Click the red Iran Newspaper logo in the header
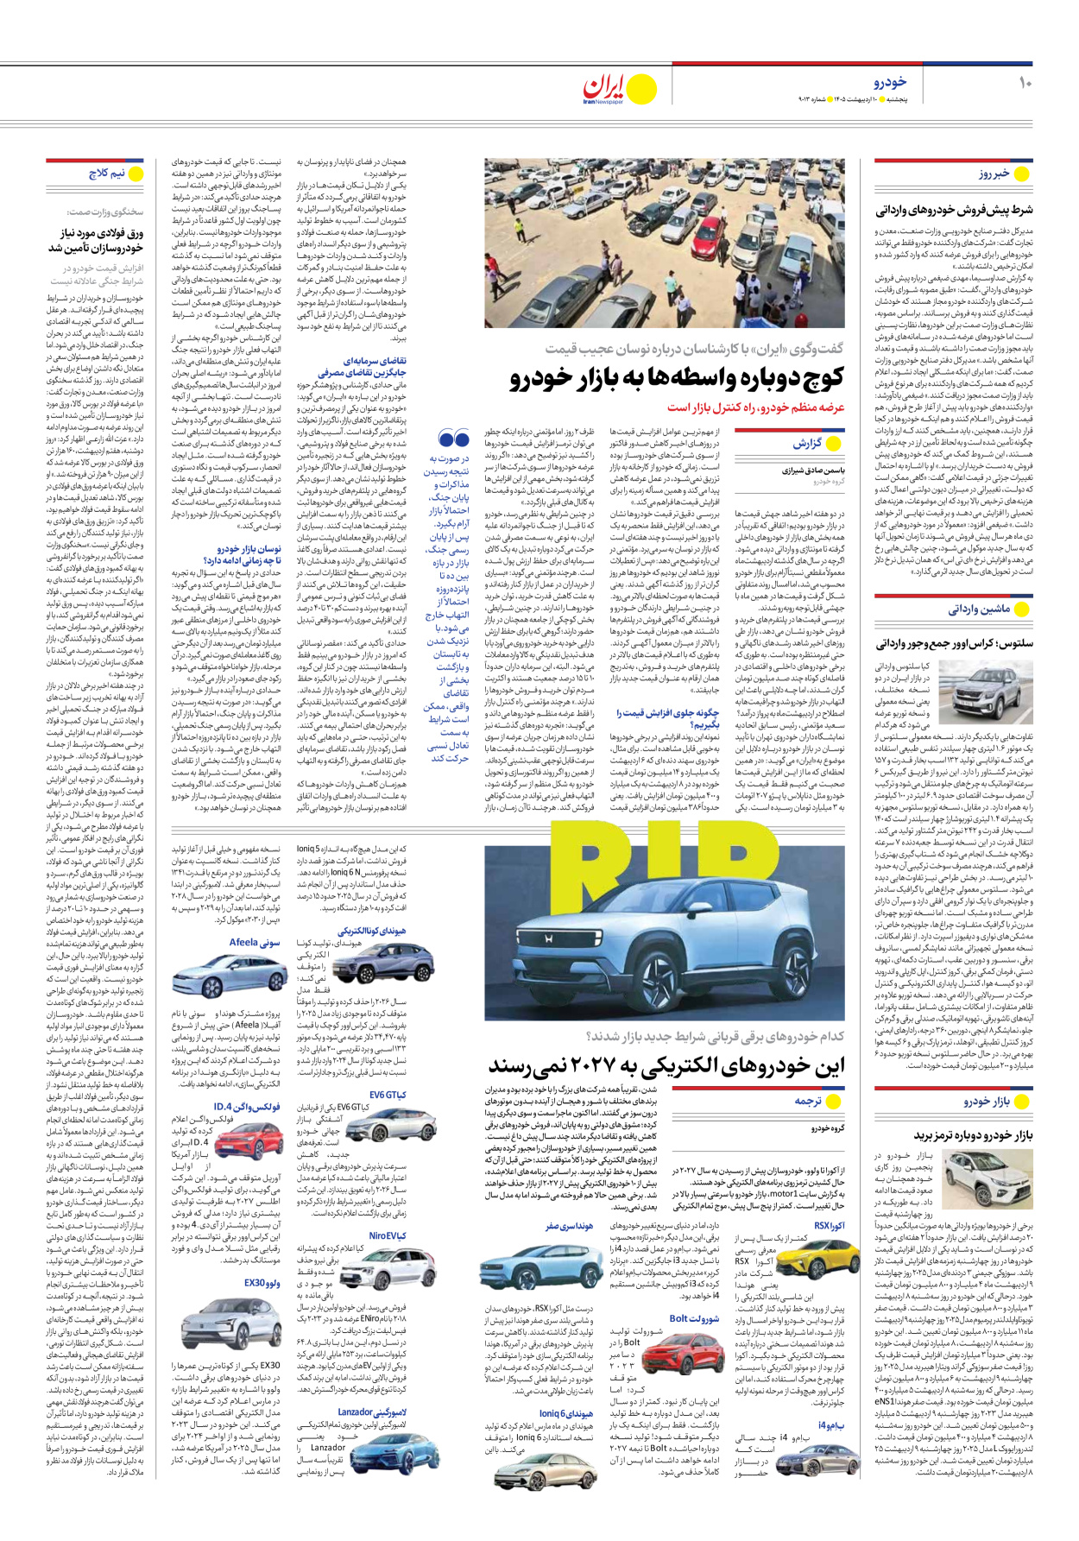click(603, 88)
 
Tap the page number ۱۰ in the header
click(1025, 83)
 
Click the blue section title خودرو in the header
click(889, 82)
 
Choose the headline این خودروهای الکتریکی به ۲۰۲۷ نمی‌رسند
click(666, 1067)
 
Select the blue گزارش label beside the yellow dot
click(807, 443)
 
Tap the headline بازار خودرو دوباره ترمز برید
click(973, 1134)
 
